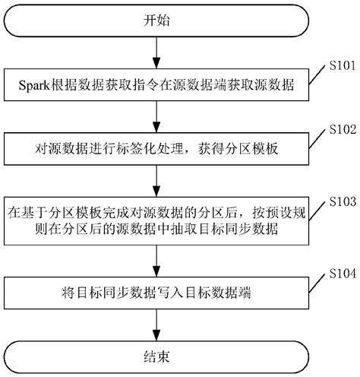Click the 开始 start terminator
click(x=156, y=21)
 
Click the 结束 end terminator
click(x=156, y=355)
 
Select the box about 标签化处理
click(x=156, y=149)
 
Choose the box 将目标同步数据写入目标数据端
click(x=156, y=293)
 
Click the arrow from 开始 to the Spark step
click(x=156, y=53)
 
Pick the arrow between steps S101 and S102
click(x=156, y=117)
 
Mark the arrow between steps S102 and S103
click(x=156, y=180)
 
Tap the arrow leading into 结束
click(x=156, y=322)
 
